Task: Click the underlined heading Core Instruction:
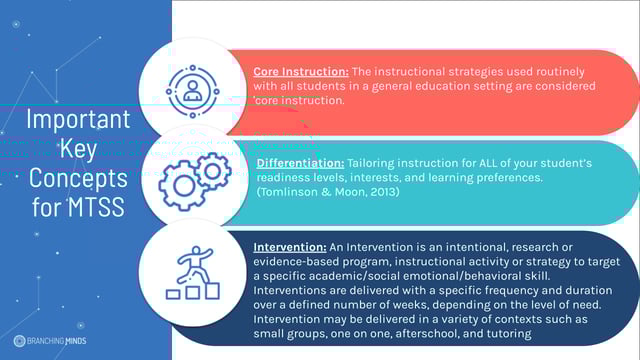(x=301, y=72)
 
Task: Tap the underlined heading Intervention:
(x=291, y=246)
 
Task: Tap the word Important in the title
(x=78, y=121)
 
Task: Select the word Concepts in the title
(x=78, y=179)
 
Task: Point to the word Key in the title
(x=79, y=150)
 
